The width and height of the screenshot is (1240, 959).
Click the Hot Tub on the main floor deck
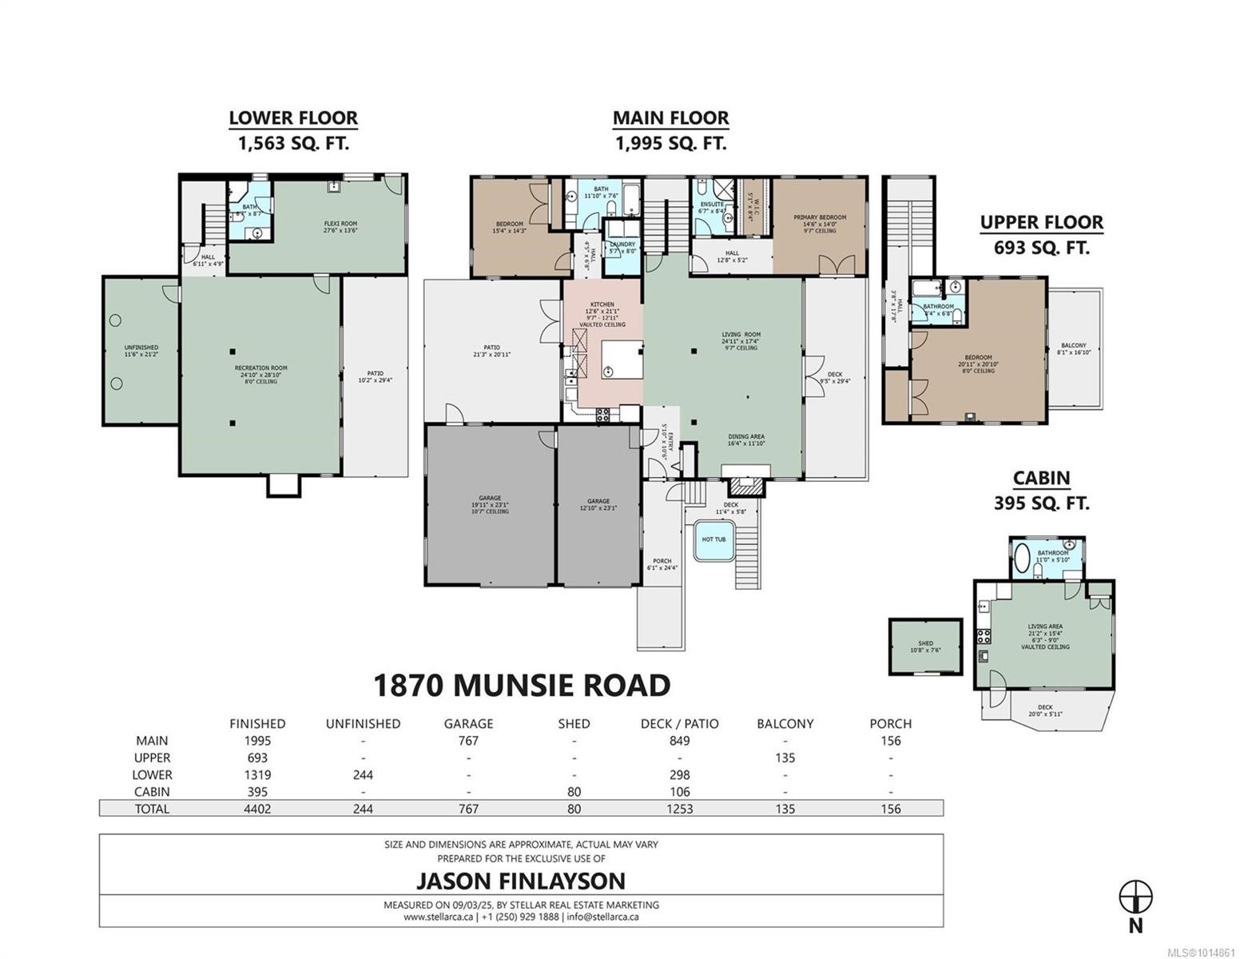pos(713,539)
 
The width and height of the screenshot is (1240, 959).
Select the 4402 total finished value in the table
pos(256,808)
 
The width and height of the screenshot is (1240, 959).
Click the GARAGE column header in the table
pos(468,723)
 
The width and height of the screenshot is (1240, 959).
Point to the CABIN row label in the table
pos(152,791)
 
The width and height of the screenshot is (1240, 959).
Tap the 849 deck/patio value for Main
pos(679,741)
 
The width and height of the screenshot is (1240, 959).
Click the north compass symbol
pos(1135,897)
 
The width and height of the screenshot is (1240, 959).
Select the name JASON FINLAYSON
pos(520,881)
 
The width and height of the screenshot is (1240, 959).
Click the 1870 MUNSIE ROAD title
pos(522,685)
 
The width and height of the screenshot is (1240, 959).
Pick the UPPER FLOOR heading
pos(1041,222)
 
